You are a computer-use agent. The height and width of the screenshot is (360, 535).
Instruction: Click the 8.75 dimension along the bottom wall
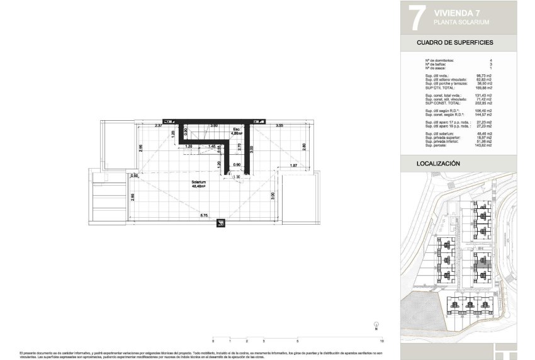coord(205,216)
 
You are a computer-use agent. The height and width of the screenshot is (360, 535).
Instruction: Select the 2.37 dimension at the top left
coord(159,126)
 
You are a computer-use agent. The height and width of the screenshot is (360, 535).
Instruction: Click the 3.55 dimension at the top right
coord(279,126)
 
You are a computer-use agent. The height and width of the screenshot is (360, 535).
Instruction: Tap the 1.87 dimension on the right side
coord(293,166)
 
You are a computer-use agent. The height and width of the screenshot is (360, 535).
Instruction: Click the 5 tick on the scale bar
coord(296,340)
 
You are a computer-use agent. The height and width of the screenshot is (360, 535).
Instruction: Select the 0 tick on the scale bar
coord(213,340)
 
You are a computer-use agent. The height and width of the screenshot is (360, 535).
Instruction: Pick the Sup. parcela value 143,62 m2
coord(498,145)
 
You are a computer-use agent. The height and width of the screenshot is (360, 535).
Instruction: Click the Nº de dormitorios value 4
coord(507,60)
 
